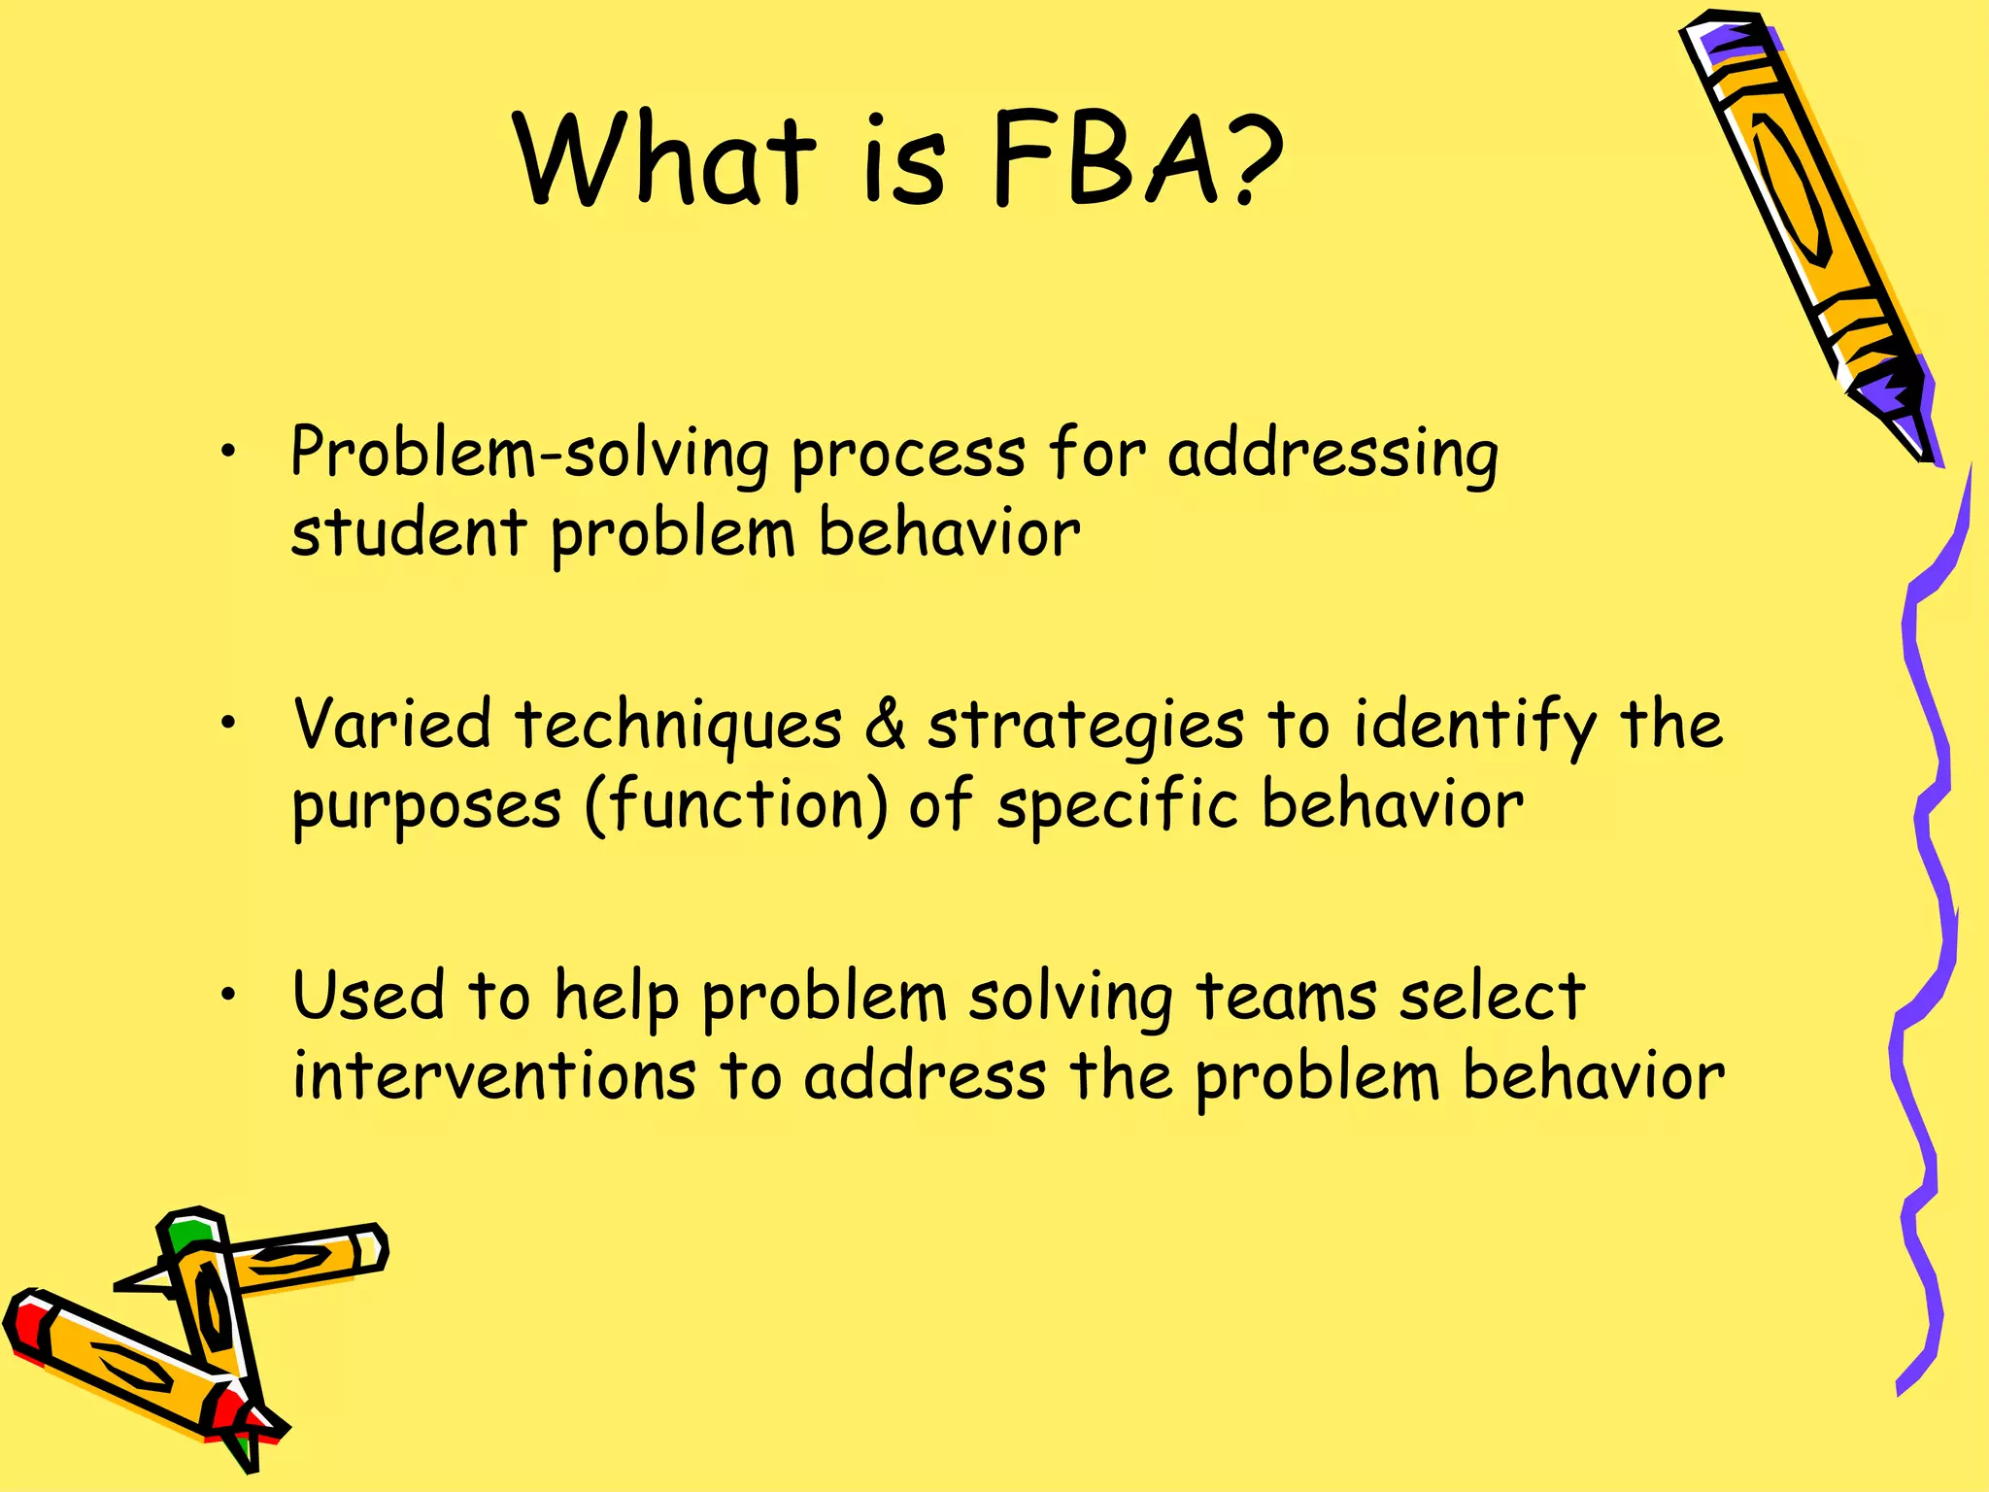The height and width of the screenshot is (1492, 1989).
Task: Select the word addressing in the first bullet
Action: click(x=1332, y=455)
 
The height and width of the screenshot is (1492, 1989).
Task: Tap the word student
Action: click(x=408, y=533)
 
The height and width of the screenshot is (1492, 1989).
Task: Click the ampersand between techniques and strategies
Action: click(x=885, y=725)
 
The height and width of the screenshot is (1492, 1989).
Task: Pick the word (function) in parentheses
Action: click(x=735, y=806)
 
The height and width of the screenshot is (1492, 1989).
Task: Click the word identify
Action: click(x=1475, y=727)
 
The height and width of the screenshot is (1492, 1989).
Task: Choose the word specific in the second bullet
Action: click(x=1117, y=806)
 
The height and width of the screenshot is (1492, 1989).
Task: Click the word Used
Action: click(x=369, y=997)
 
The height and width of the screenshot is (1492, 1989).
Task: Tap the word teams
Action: click(x=1286, y=997)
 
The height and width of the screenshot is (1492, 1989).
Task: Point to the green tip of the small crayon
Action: click(x=189, y=1234)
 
